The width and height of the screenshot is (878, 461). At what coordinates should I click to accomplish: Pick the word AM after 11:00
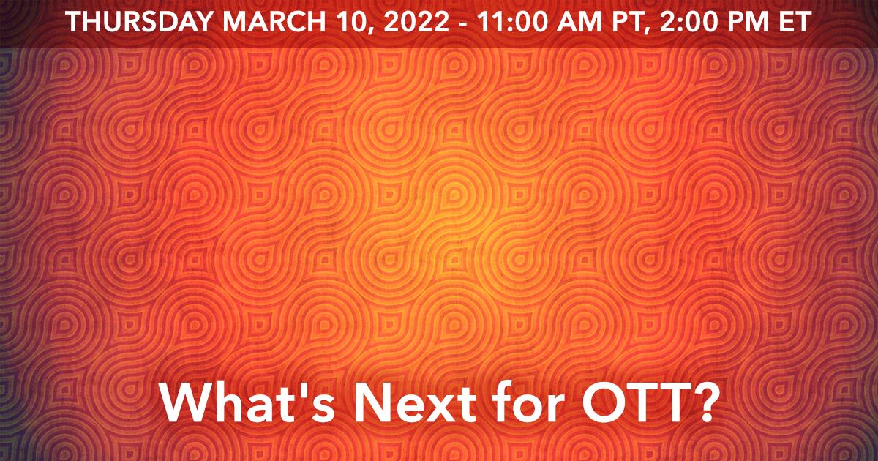coord(577,22)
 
